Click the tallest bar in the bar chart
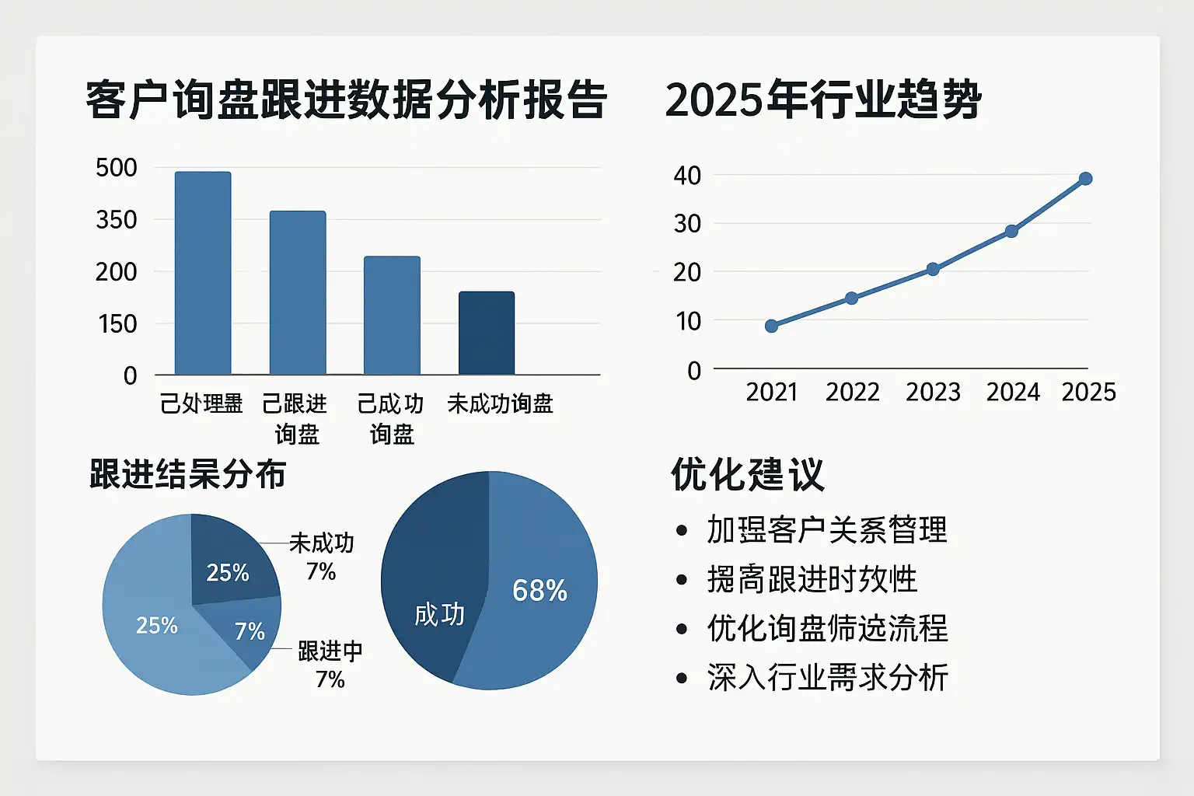[x=203, y=273]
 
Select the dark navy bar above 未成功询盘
[x=487, y=333]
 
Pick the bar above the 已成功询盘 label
[x=392, y=316]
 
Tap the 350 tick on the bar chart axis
[x=117, y=220]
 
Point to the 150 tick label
[x=117, y=323]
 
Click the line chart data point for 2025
[x=1086, y=179]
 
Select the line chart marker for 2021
[x=771, y=326]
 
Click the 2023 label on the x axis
[x=933, y=393]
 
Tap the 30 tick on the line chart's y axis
[x=687, y=224]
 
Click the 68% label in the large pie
[x=539, y=591]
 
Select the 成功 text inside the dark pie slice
[x=439, y=615]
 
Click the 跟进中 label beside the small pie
[x=330, y=651]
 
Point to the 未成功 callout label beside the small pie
[x=322, y=543]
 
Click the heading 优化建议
[x=747, y=474]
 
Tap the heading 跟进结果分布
[x=188, y=474]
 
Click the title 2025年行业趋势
[x=823, y=100]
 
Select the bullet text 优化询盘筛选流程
[x=827, y=628]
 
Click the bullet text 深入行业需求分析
[x=827, y=678]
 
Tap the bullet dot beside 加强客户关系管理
[x=682, y=531]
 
